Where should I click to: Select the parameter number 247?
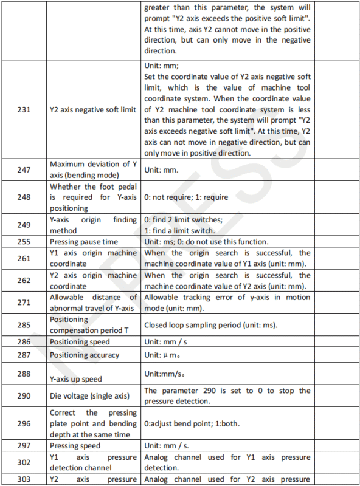24,170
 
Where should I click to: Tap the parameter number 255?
24,242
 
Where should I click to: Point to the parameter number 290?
24,396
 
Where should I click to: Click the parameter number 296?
24,423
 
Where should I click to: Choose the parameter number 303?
24,480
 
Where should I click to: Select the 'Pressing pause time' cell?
84,242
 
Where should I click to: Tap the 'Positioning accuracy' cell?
85,355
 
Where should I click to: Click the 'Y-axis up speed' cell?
76,379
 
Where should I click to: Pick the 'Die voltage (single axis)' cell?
89,396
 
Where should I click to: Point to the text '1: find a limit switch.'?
187,231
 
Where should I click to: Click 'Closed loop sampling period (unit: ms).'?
210,325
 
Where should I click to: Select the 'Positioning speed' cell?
80,342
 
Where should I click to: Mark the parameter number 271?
24,303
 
